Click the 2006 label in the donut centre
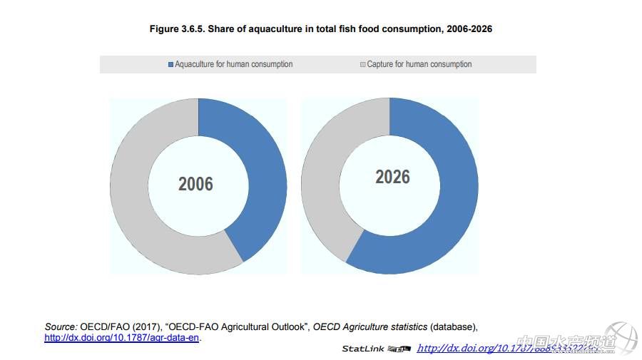click(195, 184)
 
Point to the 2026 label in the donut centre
click(392, 177)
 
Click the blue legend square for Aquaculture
click(170, 64)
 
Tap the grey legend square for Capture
click(362, 64)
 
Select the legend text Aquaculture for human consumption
click(234, 64)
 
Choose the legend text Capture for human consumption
click(419, 64)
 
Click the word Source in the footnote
click(61, 326)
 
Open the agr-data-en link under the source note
click(122, 337)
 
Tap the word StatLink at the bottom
click(363, 349)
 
